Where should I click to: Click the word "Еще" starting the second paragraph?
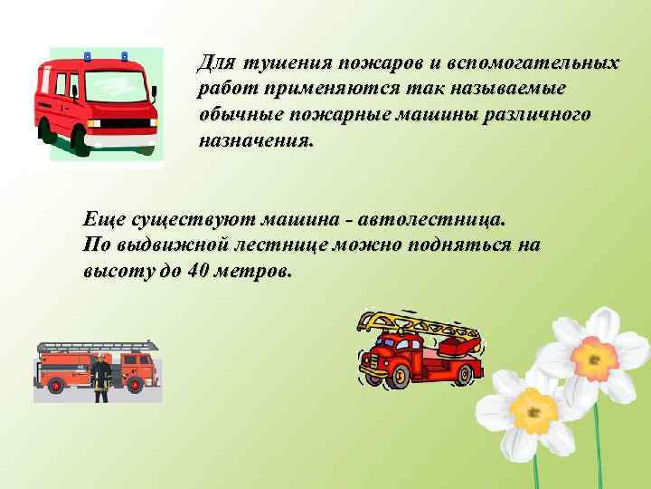point(102,220)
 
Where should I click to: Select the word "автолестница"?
point(433,220)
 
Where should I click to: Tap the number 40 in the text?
point(203,271)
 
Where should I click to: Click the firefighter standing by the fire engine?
point(101,377)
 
